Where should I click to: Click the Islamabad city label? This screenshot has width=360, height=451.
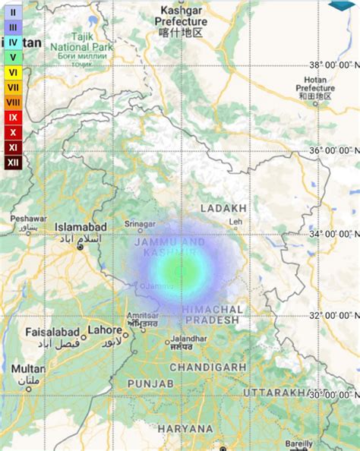click(x=80, y=226)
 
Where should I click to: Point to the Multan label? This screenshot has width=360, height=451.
click(x=27, y=368)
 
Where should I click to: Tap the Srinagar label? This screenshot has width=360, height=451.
click(x=141, y=224)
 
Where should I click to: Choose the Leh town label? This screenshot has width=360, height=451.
click(x=237, y=222)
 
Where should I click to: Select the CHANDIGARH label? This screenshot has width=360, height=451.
click(x=207, y=367)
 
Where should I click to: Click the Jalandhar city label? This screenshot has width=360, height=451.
click(x=189, y=339)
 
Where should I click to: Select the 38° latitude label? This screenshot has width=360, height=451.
click(x=333, y=65)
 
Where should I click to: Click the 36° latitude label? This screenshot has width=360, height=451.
click(x=333, y=150)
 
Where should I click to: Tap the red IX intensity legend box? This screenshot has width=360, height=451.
click(x=14, y=117)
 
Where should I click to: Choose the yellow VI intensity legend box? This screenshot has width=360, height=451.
click(x=14, y=72)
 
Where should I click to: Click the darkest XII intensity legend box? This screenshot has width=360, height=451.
click(x=14, y=161)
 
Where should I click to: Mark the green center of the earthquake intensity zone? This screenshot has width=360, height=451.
click(x=180, y=269)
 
